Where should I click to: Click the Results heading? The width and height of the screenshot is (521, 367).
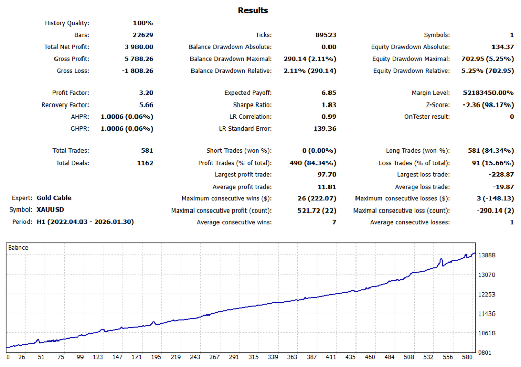[253, 10]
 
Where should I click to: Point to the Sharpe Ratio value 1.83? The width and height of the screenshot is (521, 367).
[328, 105]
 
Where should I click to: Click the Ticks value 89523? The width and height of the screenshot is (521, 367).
[326, 35]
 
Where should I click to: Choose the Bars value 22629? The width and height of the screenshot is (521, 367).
[143, 35]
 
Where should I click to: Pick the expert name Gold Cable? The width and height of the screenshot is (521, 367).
[54, 198]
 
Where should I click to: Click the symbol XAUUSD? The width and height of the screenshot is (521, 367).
[50, 209]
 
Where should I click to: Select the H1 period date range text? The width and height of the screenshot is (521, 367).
[85, 222]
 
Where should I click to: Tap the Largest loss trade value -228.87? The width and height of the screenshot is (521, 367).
[500, 175]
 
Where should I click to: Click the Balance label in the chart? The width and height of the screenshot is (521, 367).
[18, 248]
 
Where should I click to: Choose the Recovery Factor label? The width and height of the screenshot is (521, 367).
[65, 105]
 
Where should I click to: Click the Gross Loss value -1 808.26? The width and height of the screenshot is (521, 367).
[138, 71]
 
